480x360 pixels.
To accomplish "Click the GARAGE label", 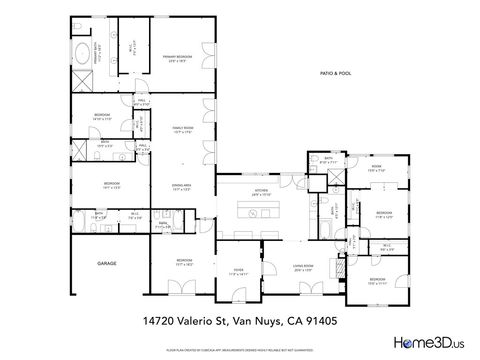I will point(106,262).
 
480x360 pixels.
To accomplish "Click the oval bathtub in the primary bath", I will point(81,55).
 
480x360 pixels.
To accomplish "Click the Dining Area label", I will point(182,187).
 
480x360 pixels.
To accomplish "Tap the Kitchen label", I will point(262,189).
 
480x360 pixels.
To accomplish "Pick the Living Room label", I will point(303,267).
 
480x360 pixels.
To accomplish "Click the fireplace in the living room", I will point(340,268).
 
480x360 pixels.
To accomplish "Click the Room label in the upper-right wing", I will point(375,168).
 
